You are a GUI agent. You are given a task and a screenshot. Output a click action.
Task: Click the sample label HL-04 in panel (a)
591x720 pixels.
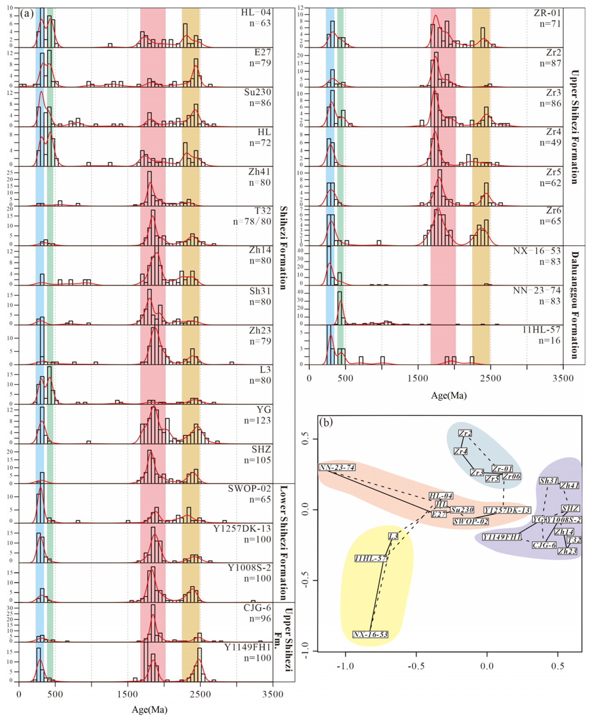(256, 13)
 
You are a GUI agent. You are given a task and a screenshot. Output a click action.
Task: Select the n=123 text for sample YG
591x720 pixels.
(257, 421)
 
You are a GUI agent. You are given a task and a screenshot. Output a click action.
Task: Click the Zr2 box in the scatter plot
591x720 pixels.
(465, 433)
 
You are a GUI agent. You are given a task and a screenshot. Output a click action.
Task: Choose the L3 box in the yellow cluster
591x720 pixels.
(393, 537)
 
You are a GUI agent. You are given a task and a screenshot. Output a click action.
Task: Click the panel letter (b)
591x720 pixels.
(326, 423)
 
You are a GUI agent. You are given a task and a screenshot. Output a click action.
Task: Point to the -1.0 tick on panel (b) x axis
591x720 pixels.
(345, 666)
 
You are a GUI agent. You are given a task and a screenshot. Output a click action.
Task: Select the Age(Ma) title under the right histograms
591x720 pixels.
(449, 395)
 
